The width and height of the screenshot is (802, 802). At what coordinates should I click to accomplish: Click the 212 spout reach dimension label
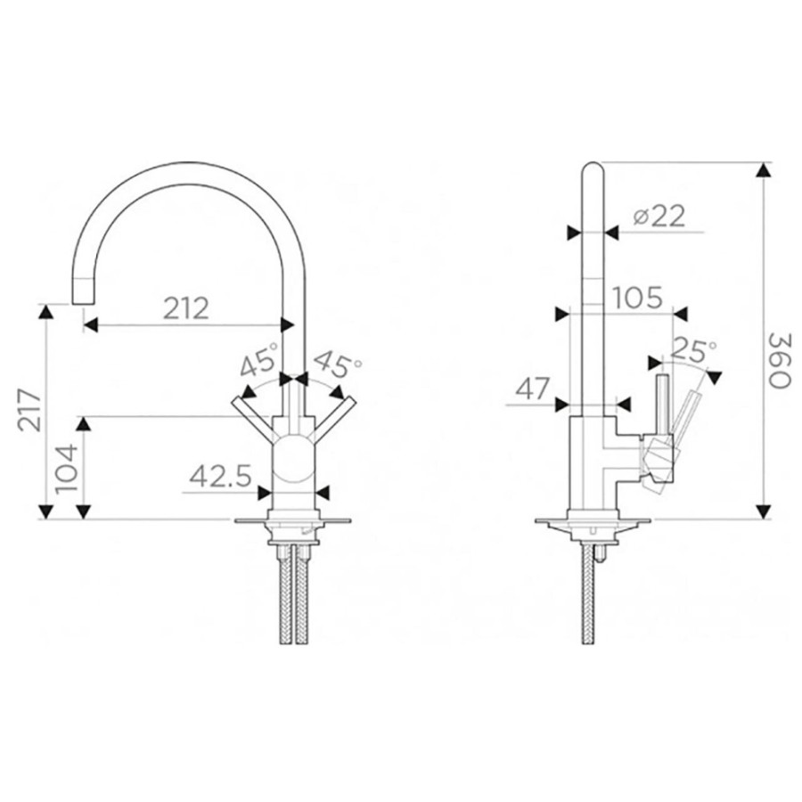coord(186,308)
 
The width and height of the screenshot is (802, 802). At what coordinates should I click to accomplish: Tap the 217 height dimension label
coord(29,410)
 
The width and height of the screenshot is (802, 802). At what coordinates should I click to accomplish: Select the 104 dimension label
coord(67,469)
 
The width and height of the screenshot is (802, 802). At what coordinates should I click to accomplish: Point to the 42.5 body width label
coord(220,478)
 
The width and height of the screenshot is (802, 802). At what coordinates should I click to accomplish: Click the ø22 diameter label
coord(659,217)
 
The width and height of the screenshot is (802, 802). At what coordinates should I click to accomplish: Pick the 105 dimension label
coord(637,298)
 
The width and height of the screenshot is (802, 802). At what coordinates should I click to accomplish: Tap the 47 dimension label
coord(532,389)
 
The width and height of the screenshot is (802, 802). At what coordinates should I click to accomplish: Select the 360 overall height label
coord(780,360)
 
